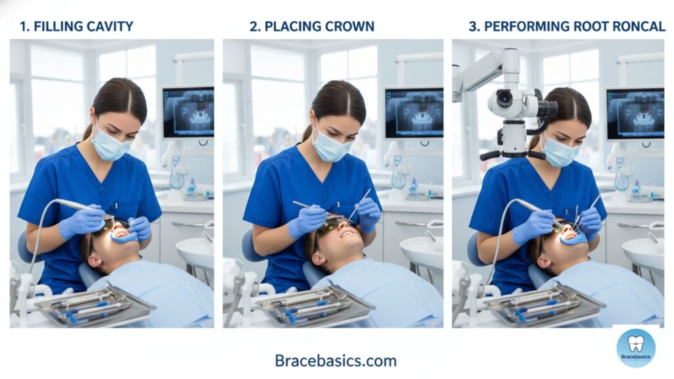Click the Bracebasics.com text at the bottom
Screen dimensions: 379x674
point(336,361)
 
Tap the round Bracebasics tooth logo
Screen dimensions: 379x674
point(635,347)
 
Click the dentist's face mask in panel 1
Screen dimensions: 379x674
point(109,145)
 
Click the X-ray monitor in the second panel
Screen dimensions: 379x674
point(413,114)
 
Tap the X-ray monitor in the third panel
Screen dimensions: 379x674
point(635,114)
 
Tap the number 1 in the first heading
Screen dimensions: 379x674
point(24,27)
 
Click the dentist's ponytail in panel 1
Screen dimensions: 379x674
point(87,132)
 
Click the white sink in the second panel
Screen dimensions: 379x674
point(421,250)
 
